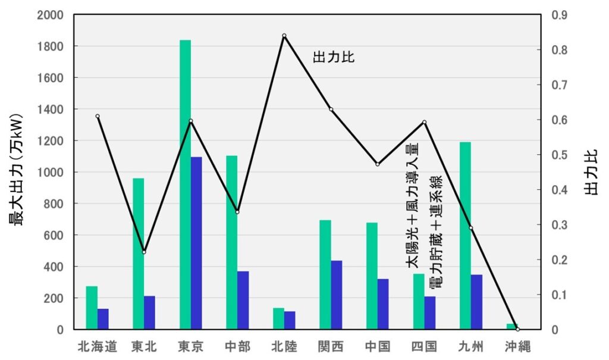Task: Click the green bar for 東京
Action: pyautogui.click(x=185, y=184)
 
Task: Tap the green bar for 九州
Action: pyautogui.click(x=465, y=236)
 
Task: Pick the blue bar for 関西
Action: pyautogui.click(x=336, y=295)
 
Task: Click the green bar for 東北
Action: pyautogui.click(x=138, y=253)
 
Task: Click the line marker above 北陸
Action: pyautogui.click(x=284, y=36)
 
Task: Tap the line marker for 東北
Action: pyautogui.click(x=144, y=252)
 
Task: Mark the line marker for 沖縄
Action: pyautogui.click(x=517, y=329)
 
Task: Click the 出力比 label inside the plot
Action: pyautogui.click(x=334, y=58)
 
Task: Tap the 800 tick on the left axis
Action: pyautogui.click(x=54, y=204)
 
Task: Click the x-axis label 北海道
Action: pyautogui.click(x=98, y=346)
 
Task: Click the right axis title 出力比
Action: pyautogui.click(x=592, y=171)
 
